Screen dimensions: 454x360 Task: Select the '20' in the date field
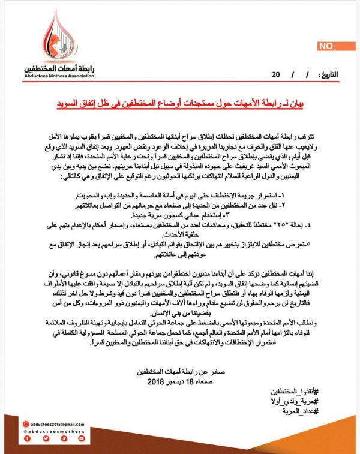coord(275,75)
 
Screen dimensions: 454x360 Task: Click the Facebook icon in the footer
coord(28,439)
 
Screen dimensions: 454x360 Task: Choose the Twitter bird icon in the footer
coord(46,439)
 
